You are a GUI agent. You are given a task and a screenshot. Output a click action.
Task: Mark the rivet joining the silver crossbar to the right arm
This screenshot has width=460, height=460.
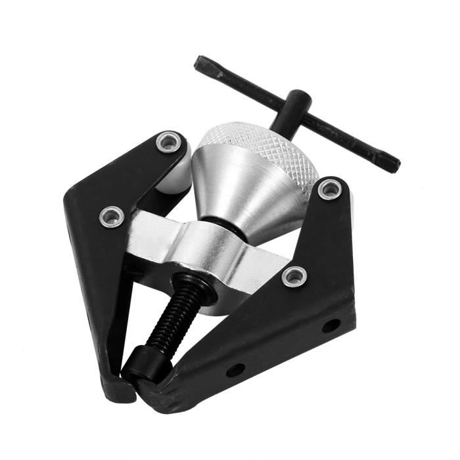[293, 277]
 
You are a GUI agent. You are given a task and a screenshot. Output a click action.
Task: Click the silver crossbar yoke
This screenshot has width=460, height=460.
[197, 246]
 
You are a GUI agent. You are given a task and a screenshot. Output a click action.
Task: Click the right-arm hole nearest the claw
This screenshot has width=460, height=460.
[235, 370]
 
